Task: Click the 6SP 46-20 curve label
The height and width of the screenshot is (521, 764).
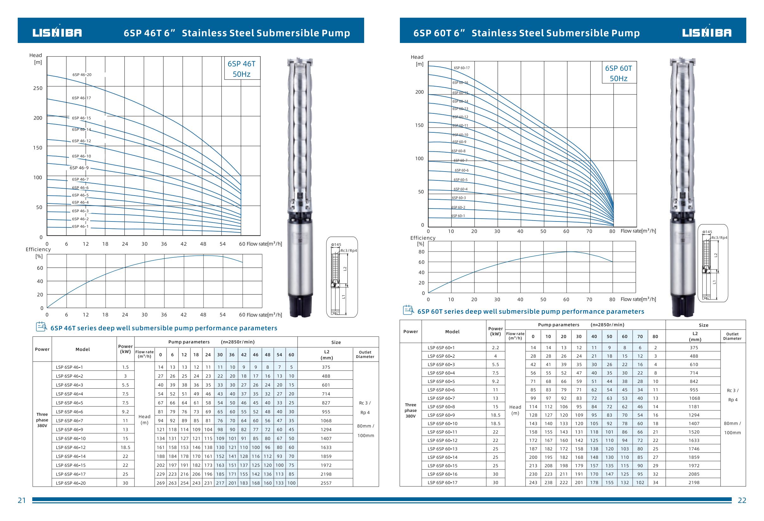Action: coord(82,75)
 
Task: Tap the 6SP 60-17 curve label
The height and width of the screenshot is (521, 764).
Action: coord(462,68)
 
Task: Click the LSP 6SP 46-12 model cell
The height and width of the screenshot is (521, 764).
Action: coord(71,447)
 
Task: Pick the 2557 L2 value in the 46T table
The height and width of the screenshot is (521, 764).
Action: coord(326,483)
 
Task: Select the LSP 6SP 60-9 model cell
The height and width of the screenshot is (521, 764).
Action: coord(441,415)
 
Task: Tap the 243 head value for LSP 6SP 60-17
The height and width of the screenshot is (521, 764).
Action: coord(533,482)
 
